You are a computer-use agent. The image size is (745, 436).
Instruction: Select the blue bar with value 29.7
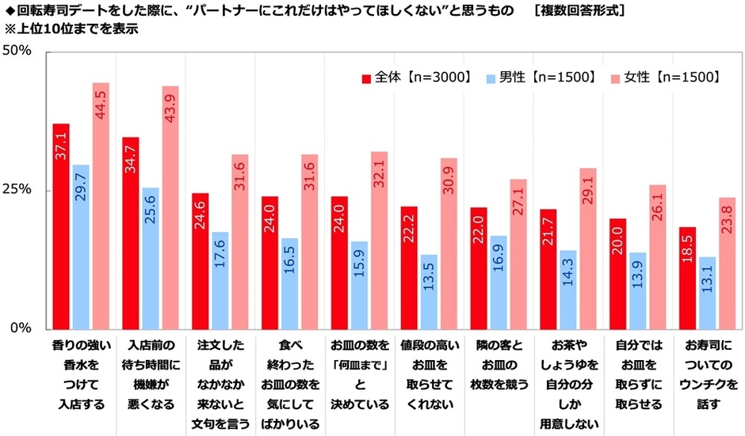[81, 246]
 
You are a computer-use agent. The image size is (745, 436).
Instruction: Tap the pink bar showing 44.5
[101, 205]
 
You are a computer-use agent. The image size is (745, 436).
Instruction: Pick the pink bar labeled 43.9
[170, 207]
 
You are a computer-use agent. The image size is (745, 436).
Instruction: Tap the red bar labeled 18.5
[687, 277]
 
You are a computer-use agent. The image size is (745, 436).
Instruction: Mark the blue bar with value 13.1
[707, 292]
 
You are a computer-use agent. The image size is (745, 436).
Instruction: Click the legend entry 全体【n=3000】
[417, 77]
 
